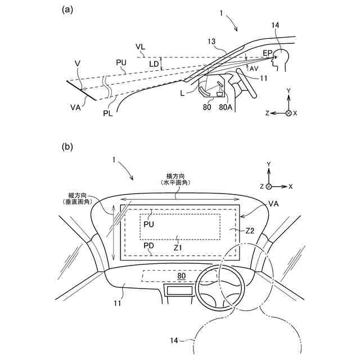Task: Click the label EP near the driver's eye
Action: pyautogui.click(x=268, y=53)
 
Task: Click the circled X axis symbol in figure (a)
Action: pyautogui.click(x=289, y=112)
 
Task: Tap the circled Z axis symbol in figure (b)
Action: pyautogui.click(x=269, y=186)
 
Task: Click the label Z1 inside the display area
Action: pyautogui.click(x=178, y=246)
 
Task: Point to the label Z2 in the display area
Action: pyautogui.click(x=251, y=231)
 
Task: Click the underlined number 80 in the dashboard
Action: pyautogui.click(x=181, y=276)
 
